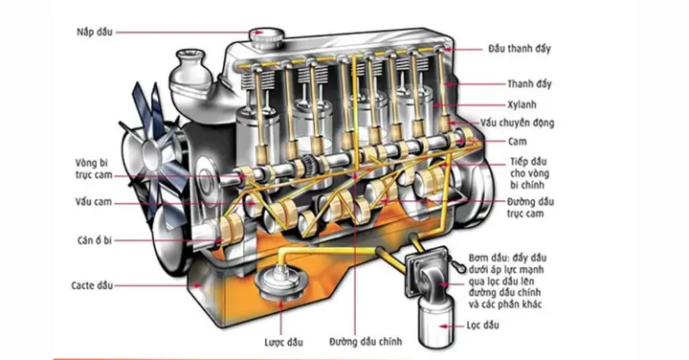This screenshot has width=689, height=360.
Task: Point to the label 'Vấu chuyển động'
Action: pyautogui.click(x=545, y=123)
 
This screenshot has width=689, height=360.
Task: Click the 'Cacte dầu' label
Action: pyautogui.click(x=92, y=285)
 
